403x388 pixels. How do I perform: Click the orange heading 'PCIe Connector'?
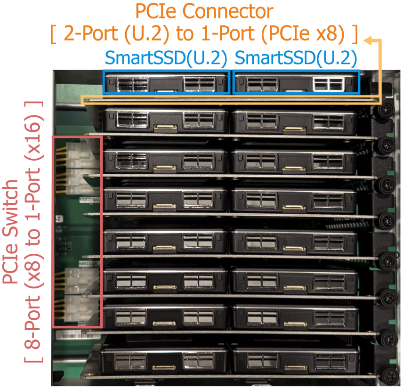pyautogui.click(x=203, y=11)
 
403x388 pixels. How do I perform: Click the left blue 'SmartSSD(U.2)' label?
pyautogui.click(x=166, y=58)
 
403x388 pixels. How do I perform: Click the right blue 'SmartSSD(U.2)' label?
pyautogui.click(x=295, y=58)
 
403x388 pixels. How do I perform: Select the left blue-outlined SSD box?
pyautogui.click(x=167, y=82)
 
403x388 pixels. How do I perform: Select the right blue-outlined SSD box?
pyautogui.click(x=296, y=82)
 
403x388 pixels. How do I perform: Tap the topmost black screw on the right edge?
pyautogui.click(x=385, y=110)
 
